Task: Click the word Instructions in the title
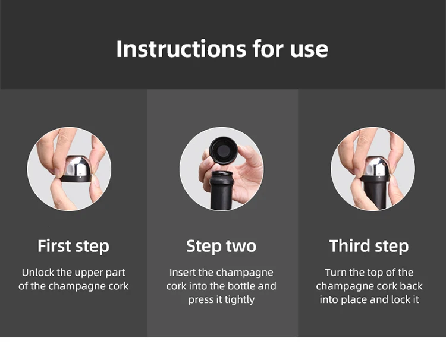click(x=181, y=49)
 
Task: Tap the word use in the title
click(x=309, y=51)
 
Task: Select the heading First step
click(x=73, y=246)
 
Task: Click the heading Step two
click(x=221, y=246)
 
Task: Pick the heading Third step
click(x=369, y=246)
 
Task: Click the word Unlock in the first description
click(x=38, y=273)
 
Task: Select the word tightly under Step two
click(x=240, y=300)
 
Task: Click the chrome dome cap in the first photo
click(x=78, y=166)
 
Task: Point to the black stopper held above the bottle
click(x=223, y=150)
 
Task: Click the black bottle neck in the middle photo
click(x=221, y=190)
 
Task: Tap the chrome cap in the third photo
click(x=377, y=166)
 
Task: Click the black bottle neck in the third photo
click(x=375, y=195)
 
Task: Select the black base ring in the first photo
click(x=76, y=178)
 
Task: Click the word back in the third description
click(x=411, y=286)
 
